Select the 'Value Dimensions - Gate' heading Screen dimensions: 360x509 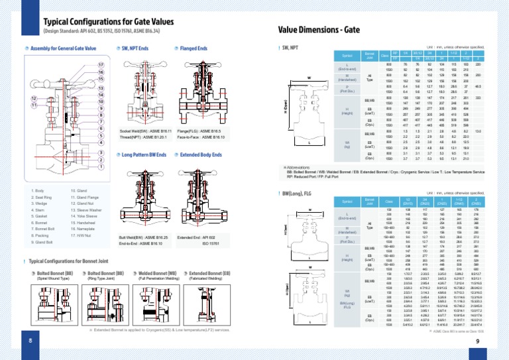click(x=319, y=30)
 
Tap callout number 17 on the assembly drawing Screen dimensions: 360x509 click(x=101, y=64)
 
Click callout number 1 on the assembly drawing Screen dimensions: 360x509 click(x=101, y=167)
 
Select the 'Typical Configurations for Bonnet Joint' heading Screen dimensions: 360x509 click(x=77, y=261)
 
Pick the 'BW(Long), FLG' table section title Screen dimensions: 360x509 click(x=300, y=193)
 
